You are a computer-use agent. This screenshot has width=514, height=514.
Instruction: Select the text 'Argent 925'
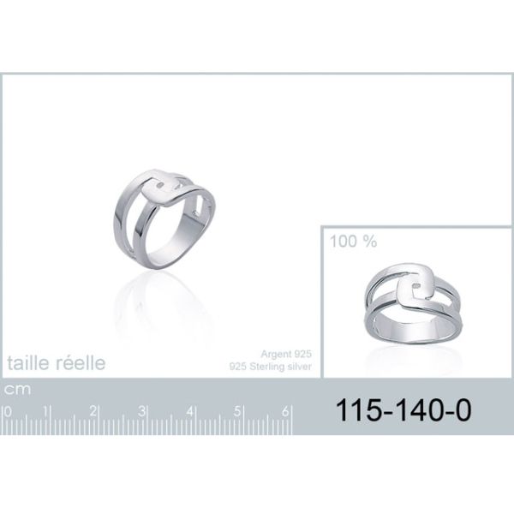pyautogui.click(x=286, y=354)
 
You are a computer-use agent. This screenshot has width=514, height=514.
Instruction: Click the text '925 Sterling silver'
pyautogui.click(x=270, y=366)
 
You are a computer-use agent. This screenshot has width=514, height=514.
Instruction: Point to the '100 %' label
pyautogui.click(x=353, y=242)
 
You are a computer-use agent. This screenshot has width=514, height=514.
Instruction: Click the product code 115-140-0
pyautogui.click(x=403, y=410)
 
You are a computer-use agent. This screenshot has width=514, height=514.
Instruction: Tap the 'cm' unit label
pyautogui.click(x=17, y=390)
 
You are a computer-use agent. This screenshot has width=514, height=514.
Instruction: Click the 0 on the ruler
pyautogui.click(x=8, y=412)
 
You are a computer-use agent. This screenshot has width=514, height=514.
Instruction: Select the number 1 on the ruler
pyautogui.click(x=45, y=411)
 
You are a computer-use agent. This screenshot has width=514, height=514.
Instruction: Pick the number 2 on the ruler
pyautogui.click(x=93, y=411)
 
